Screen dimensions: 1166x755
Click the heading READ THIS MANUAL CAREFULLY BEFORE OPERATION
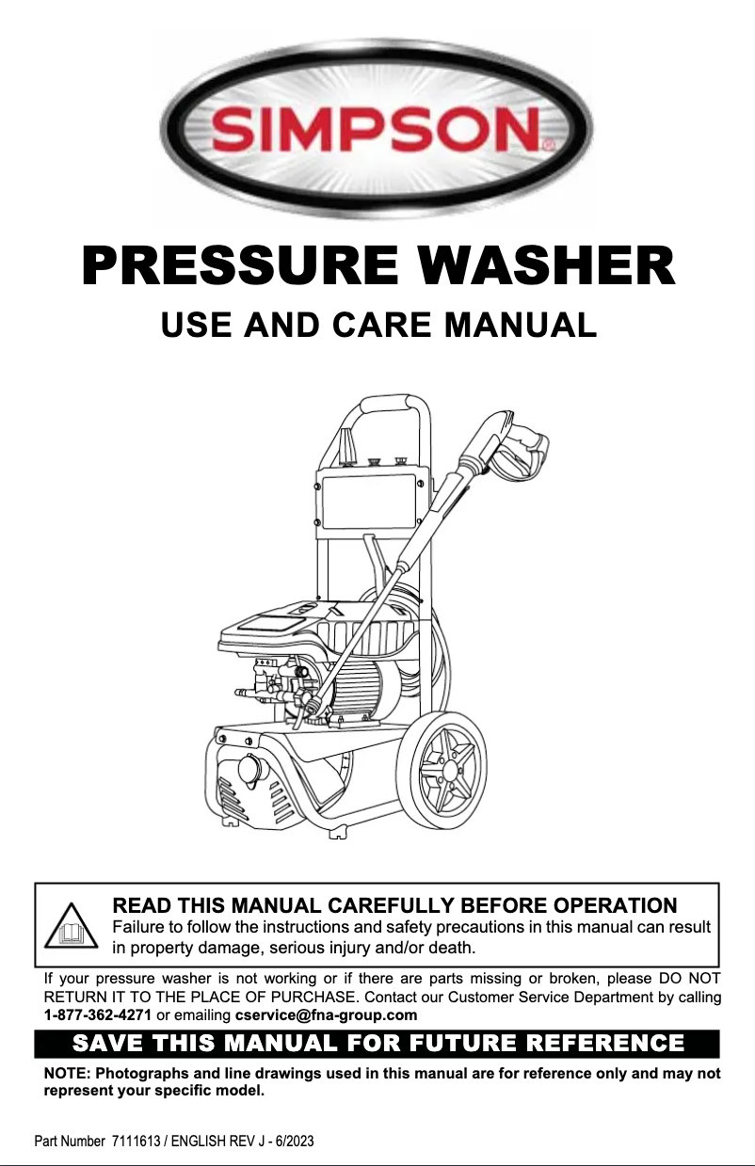click(394, 905)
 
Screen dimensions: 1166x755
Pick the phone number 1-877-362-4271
click(98, 1014)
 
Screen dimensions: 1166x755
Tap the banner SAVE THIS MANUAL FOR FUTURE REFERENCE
click(377, 1044)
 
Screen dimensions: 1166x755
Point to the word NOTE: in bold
click(68, 1075)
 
